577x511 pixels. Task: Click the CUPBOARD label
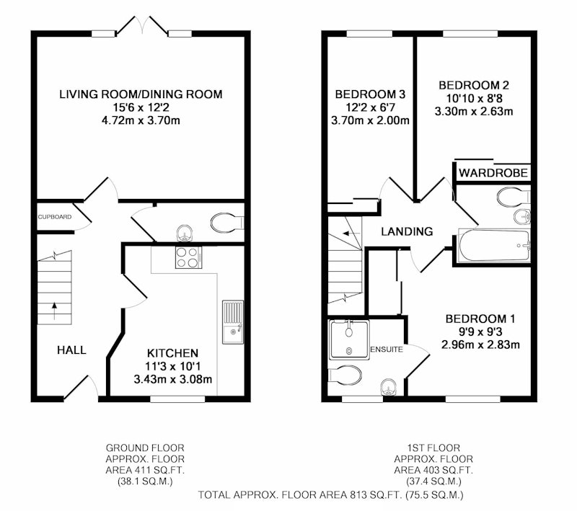(x=55, y=217)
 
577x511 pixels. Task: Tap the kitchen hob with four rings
(x=188, y=257)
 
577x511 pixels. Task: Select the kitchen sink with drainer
(x=232, y=322)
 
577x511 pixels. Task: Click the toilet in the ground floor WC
(x=227, y=223)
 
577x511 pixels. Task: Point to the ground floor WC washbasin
(x=185, y=234)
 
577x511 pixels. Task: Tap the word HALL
(x=71, y=350)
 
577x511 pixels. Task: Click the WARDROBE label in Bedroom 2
(x=493, y=173)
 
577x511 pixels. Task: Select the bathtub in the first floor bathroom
(x=494, y=245)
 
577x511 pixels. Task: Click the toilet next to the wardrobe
(x=513, y=197)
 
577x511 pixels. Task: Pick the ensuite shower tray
(x=349, y=340)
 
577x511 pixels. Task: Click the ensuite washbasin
(x=388, y=387)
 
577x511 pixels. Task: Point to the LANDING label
(x=407, y=231)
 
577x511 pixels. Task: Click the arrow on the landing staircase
(x=351, y=234)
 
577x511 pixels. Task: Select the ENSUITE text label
(x=387, y=350)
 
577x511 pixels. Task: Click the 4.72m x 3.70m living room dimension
(x=141, y=120)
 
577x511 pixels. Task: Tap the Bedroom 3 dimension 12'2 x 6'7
(x=370, y=107)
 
